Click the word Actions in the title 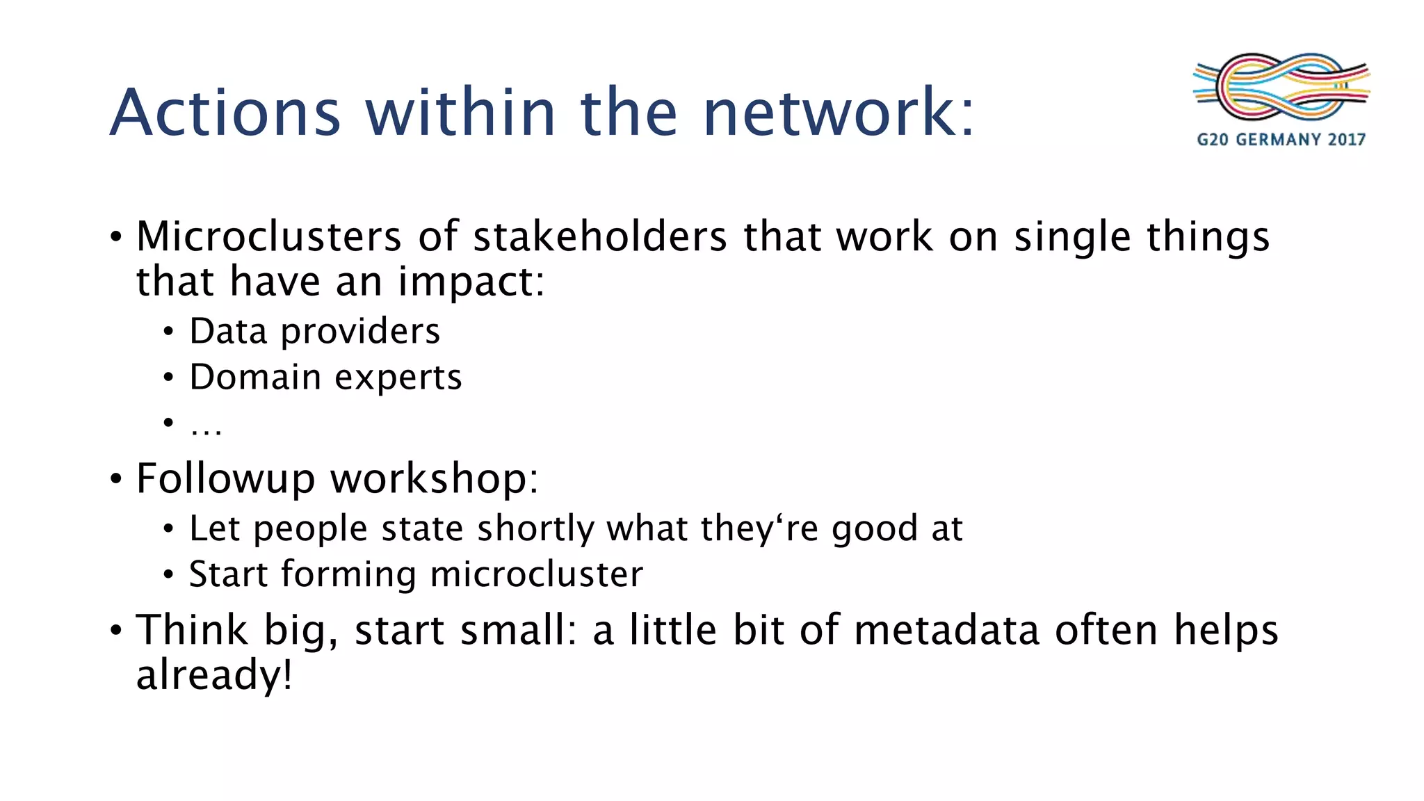(x=225, y=113)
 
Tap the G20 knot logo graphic (x=1281, y=88)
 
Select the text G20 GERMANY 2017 (x=1281, y=140)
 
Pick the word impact (x=471, y=282)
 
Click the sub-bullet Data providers (x=314, y=331)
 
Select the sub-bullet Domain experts (x=325, y=378)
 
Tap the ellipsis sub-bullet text (x=206, y=426)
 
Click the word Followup (x=225, y=479)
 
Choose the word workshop (x=434, y=479)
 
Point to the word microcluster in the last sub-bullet (x=536, y=574)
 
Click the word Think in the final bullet (x=192, y=630)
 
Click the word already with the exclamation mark (x=214, y=674)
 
